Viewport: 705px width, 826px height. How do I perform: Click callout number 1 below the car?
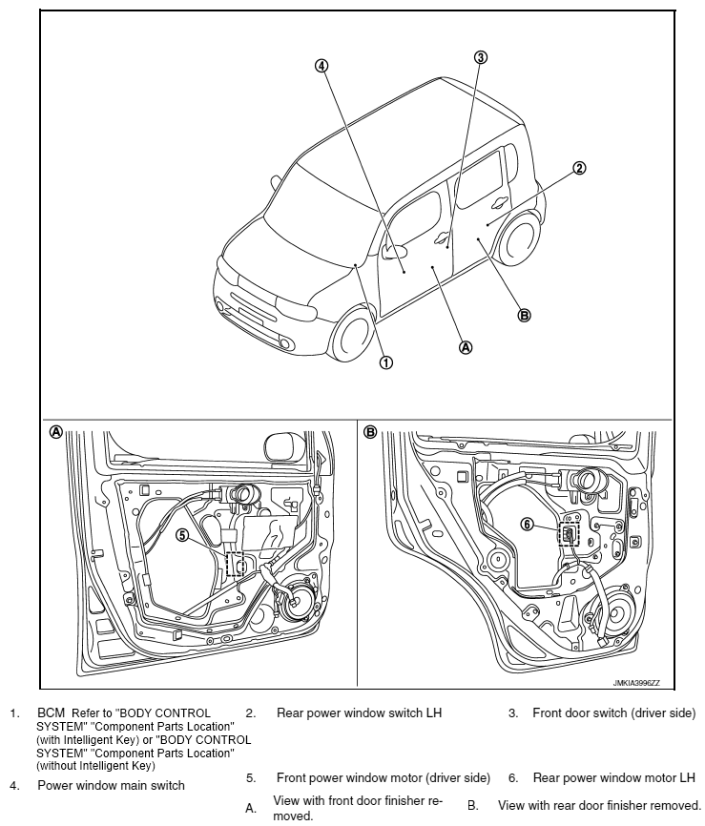coord(386,362)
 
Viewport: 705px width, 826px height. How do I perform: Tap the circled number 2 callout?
coord(578,168)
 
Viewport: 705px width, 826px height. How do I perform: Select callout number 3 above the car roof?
coord(481,57)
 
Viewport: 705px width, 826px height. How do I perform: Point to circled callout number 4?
coord(322,66)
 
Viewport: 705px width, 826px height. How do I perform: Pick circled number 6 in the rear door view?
coord(526,523)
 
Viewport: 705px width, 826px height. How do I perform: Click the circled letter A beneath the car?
coord(467,347)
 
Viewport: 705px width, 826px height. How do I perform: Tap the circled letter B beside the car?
coord(524,316)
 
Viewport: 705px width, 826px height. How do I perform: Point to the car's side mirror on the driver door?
coord(392,252)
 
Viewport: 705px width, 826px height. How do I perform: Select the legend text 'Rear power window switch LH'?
coord(360,712)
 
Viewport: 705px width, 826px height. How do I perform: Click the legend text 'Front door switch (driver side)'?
coord(613,712)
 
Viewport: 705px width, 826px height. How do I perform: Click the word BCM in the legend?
coord(50,712)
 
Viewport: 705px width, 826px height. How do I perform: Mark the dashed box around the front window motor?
coord(235,565)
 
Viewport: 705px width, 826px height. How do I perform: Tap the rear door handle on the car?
coord(500,201)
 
